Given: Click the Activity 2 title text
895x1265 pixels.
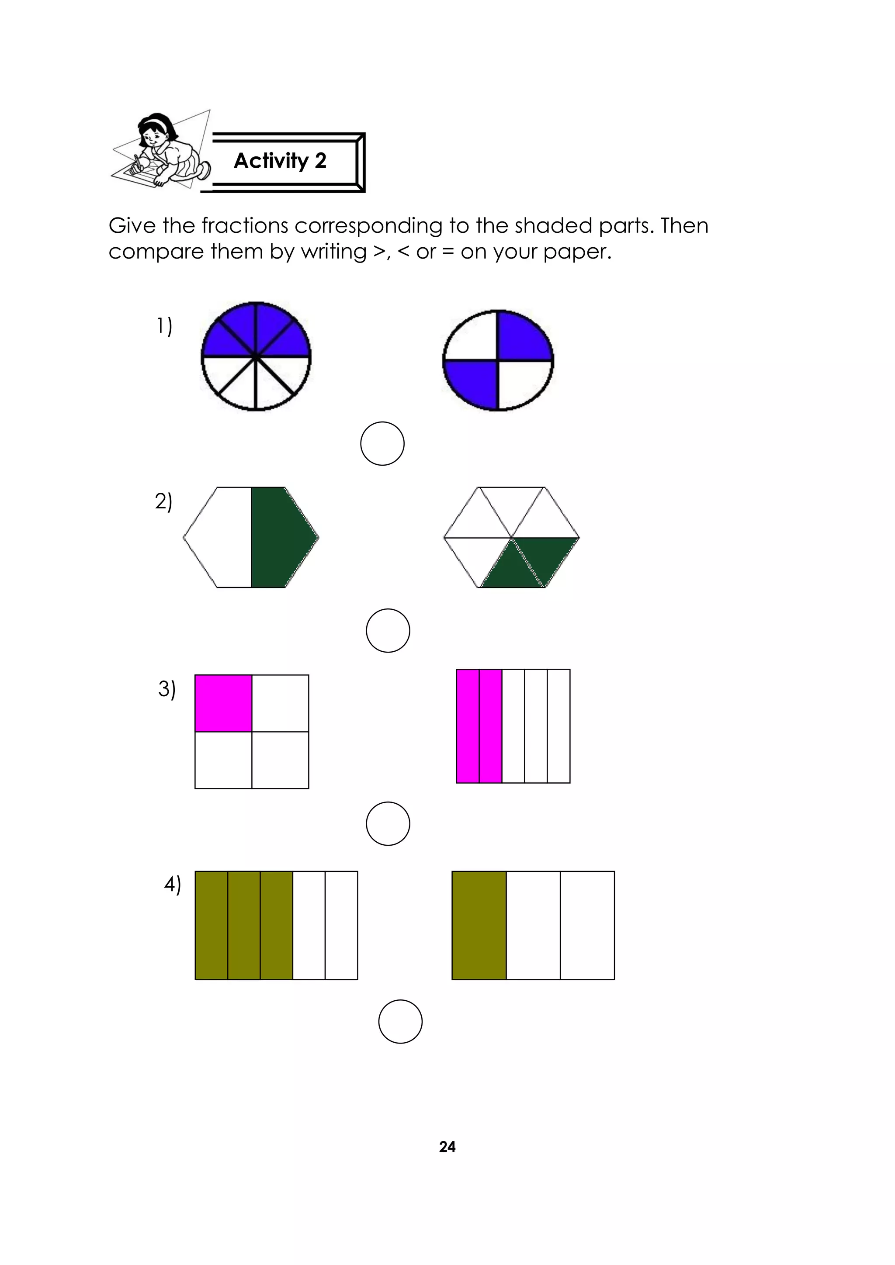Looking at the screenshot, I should (x=280, y=161).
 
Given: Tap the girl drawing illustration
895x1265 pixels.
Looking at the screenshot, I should (x=161, y=150).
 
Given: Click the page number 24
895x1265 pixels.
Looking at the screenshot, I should (x=447, y=1147).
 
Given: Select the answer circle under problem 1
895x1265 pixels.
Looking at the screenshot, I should (x=382, y=443).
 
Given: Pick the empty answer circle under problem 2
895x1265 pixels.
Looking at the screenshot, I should (x=388, y=630).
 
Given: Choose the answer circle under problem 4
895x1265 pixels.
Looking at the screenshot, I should (x=400, y=1021).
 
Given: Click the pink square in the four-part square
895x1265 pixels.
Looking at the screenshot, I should (x=223, y=703).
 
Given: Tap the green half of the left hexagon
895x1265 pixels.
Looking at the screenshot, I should (x=278, y=537).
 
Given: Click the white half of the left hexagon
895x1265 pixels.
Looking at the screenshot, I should (x=220, y=537).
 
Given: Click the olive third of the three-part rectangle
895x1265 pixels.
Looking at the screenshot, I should (x=479, y=925).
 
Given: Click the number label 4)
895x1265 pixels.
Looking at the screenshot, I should (x=172, y=884).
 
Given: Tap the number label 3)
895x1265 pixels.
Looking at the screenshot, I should (x=167, y=689).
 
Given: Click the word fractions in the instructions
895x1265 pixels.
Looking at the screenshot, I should (x=244, y=226).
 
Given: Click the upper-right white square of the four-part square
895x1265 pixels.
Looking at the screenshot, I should (x=280, y=703).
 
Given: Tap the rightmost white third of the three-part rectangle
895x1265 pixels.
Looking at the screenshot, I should (x=587, y=925).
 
